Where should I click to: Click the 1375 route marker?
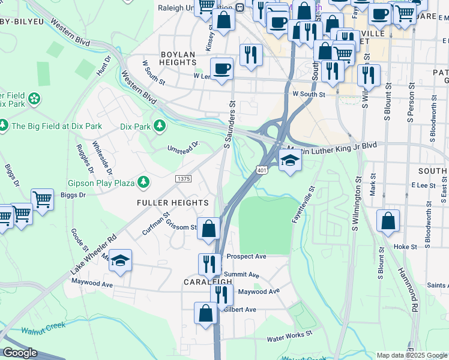(184, 179)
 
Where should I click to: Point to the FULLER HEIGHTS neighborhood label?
(172, 203)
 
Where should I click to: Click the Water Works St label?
(290, 338)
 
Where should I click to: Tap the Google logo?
(20, 353)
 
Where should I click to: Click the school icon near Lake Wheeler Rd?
(120, 260)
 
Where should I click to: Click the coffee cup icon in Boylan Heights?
(221, 68)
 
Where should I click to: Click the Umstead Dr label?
(182, 147)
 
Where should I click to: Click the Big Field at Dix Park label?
(56, 126)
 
